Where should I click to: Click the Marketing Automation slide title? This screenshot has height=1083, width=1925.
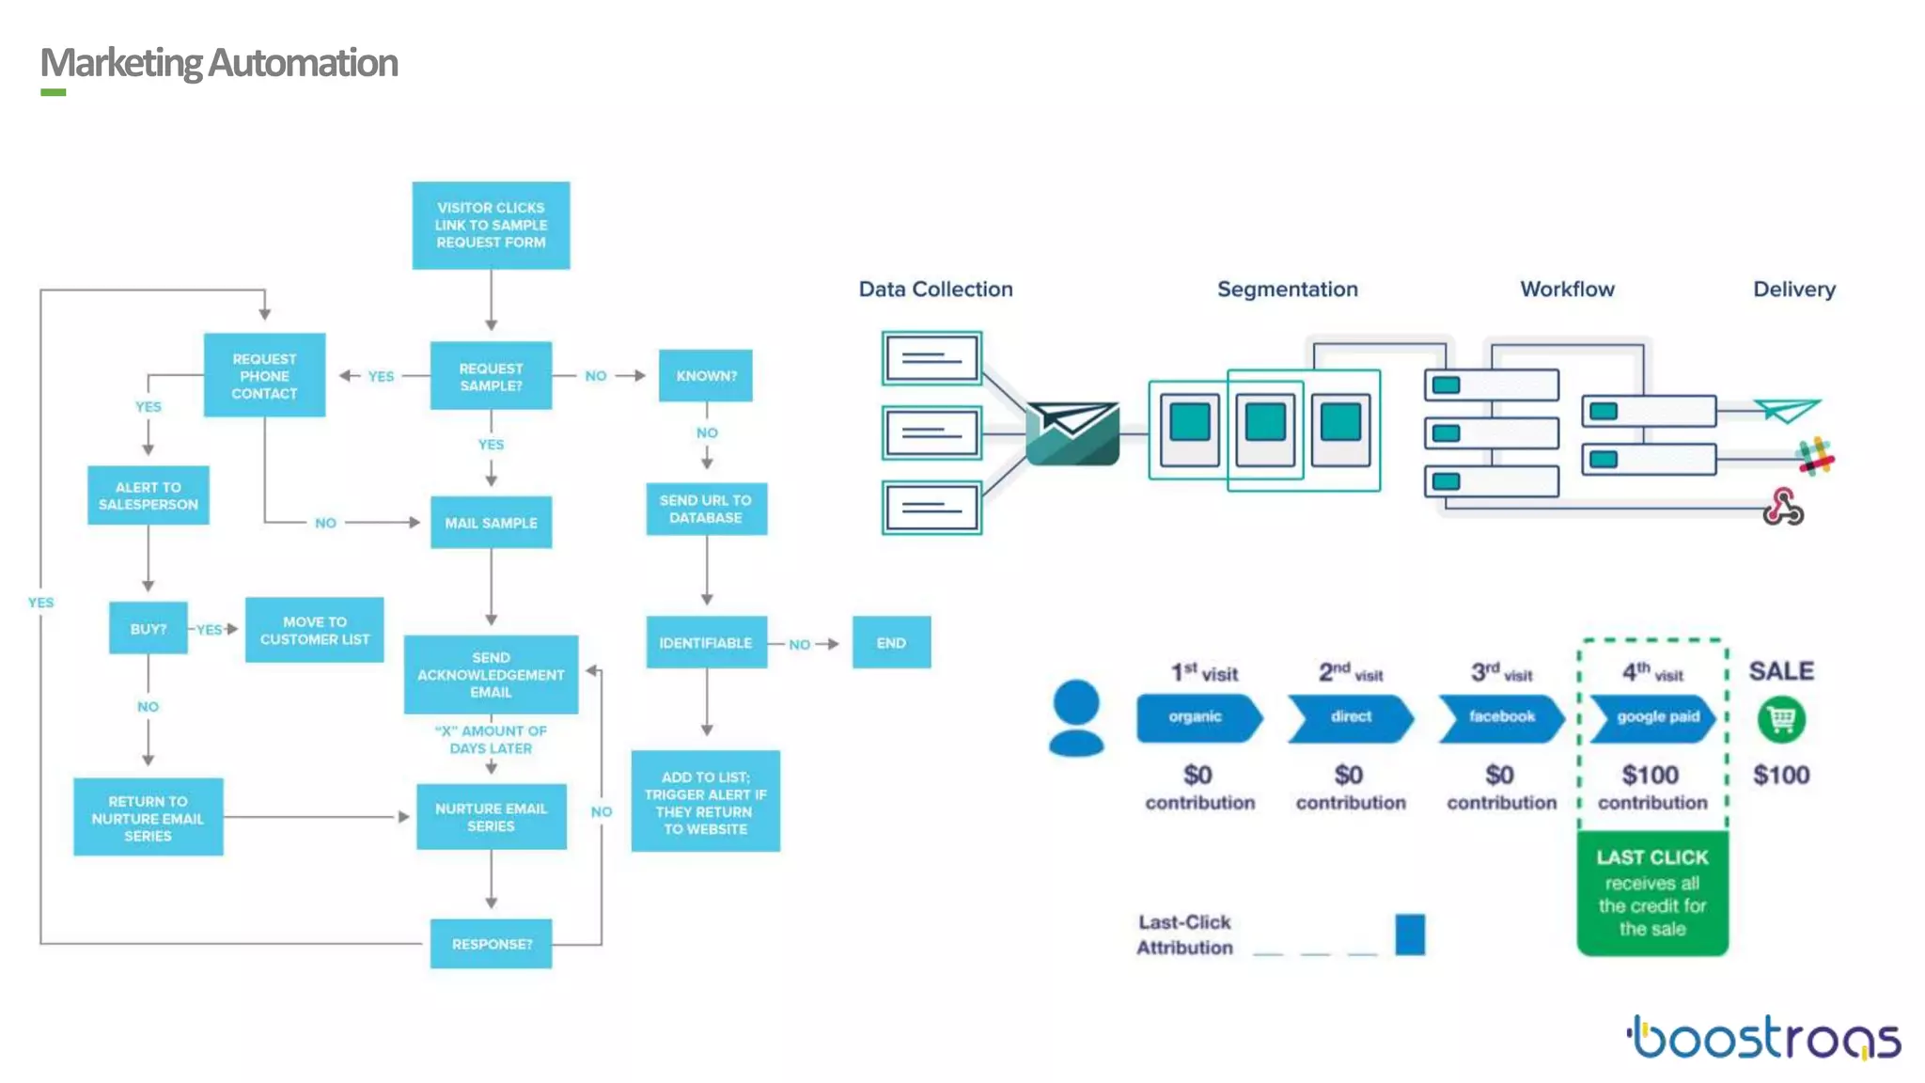pyautogui.click(x=219, y=63)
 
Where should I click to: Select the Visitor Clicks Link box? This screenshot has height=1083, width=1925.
pyautogui.click(x=491, y=226)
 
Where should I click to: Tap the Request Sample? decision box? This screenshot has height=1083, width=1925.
pyautogui.click(x=491, y=376)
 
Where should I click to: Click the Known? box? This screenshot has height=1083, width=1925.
pyautogui.click(x=706, y=376)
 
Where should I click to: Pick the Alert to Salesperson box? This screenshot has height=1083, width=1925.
pyautogui.click(x=149, y=495)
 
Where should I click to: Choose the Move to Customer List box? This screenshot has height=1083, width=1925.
pyautogui.click(x=315, y=630)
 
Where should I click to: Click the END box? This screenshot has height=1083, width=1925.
pyautogui.click(x=891, y=643)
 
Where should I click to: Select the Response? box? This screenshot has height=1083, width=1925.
pyautogui.click(x=491, y=944)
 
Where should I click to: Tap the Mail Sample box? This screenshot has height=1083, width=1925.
pyautogui.click(x=491, y=523)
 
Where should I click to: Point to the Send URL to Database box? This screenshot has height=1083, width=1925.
pyautogui.click(x=706, y=509)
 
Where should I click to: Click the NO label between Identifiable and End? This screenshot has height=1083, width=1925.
pyautogui.click(x=799, y=644)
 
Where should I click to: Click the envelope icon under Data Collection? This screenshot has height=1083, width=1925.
pyautogui.click(x=1072, y=432)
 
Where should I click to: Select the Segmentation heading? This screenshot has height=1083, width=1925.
pyautogui.click(x=1287, y=290)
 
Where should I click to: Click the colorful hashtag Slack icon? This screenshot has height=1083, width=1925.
pyautogui.click(x=1815, y=458)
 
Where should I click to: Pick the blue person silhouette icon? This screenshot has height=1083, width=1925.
pyautogui.click(x=1076, y=718)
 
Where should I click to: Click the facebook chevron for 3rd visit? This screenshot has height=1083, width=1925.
pyautogui.click(x=1501, y=717)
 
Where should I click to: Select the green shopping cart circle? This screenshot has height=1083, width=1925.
pyautogui.click(x=1781, y=720)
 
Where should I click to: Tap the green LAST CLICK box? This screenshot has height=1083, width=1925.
pyautogui.click(x=1652, y=893)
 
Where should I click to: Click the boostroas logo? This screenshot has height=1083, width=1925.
pyautogui.click(x=1764, y=1038)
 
